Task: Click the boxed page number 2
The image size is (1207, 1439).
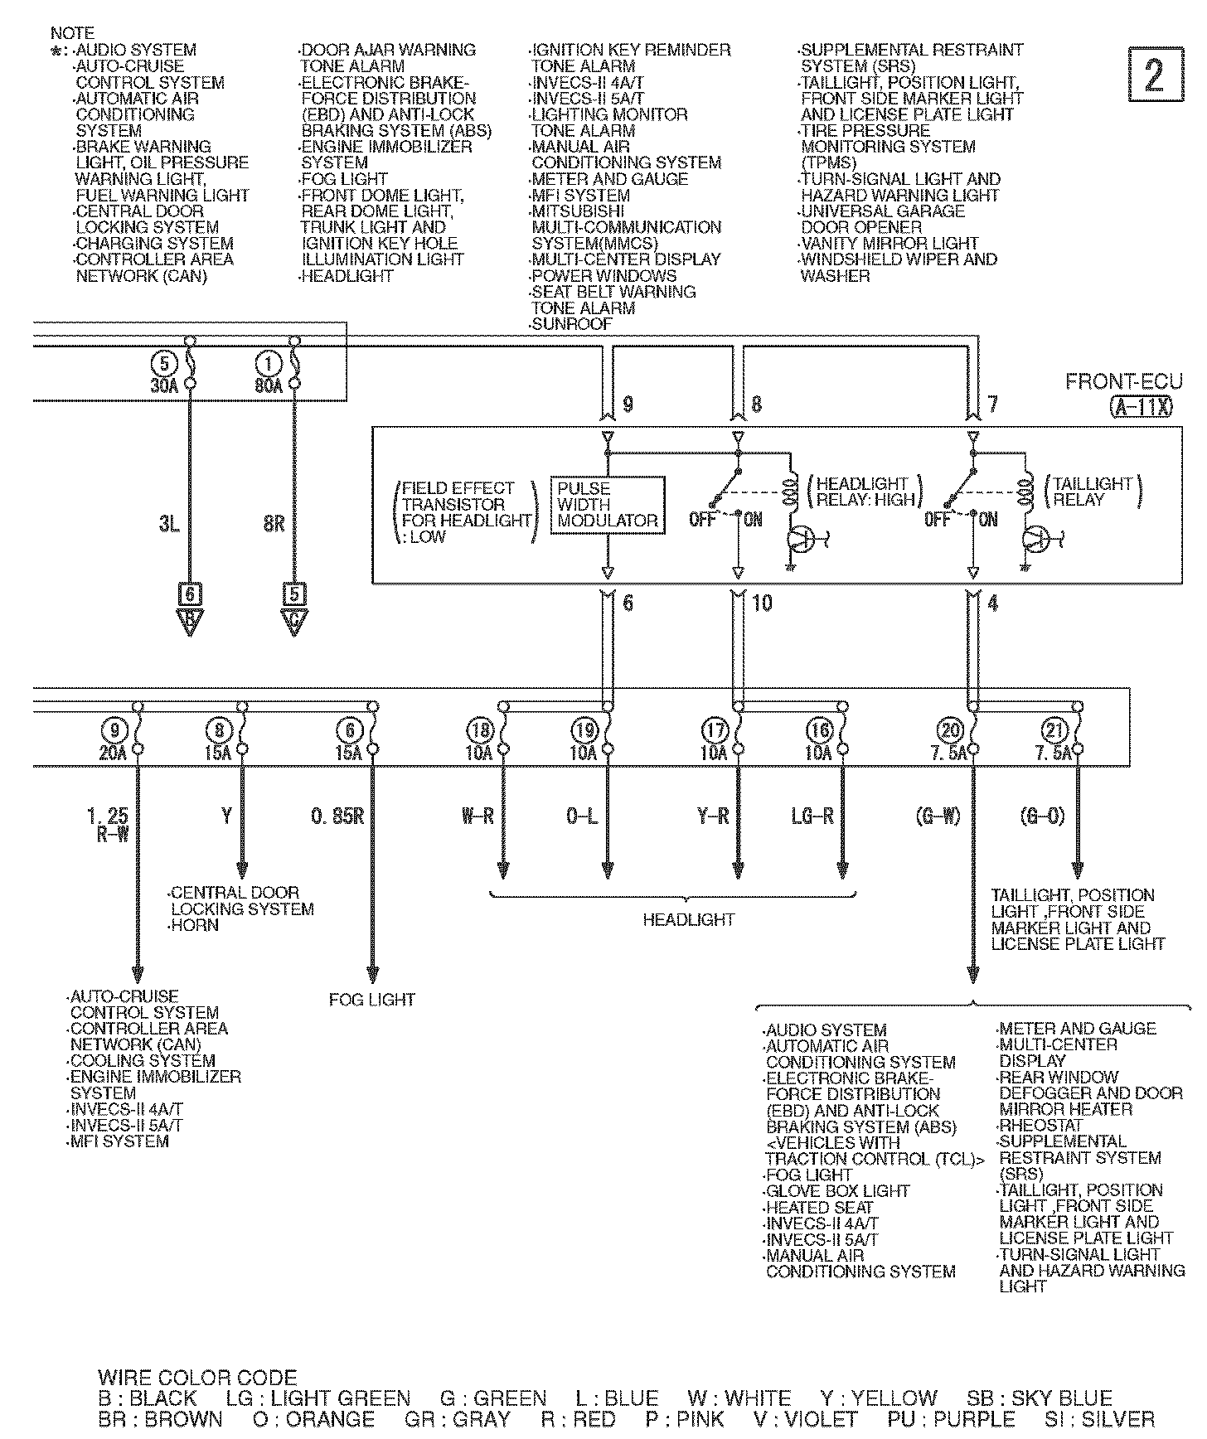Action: pyautogui.click(x=1155, y=75)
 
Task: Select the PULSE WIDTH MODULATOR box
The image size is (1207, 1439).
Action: pyautogui.click(x=608, y=504)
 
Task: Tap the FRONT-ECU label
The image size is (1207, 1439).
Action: pyautogui.click(x=1122, y=382)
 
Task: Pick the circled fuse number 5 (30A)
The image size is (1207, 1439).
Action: pyautogui.click(x=165, y=364)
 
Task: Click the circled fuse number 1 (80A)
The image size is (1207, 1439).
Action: pyautogui.click(x=269, y=364)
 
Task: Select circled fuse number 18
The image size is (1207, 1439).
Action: pyautogui.click(x=480, y=730)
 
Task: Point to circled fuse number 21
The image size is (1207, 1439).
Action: pyautogui.click(x=1053, y=730)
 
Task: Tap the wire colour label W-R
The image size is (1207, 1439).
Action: pyautogui.click(x=477, y=816)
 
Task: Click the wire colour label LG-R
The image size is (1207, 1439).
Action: pyautogui.click(x=812, y=816)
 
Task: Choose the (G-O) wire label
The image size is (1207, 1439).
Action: pyautogui.click(x=1042, y=816)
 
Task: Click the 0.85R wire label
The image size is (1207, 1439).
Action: pyautogui.click(x=337, y=816)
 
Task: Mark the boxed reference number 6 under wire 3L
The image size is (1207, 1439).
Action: pyautogui.click(x=190, y=594)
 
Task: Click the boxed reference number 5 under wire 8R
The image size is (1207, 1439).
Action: pyautogui.click(x=294, y=594)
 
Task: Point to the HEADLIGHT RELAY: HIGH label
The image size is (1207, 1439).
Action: pyautogui.click(x=865, y=492)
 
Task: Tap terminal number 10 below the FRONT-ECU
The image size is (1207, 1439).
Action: pyautogui.click(x=762, y=603)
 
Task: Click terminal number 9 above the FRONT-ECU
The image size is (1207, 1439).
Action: pyautogui.click(x=628, y=405)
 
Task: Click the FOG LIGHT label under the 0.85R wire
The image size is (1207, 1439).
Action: pyautogui.click(x=371, y=1000)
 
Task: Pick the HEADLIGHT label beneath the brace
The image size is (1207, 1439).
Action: pyautogui.click(x=688, y=919)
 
